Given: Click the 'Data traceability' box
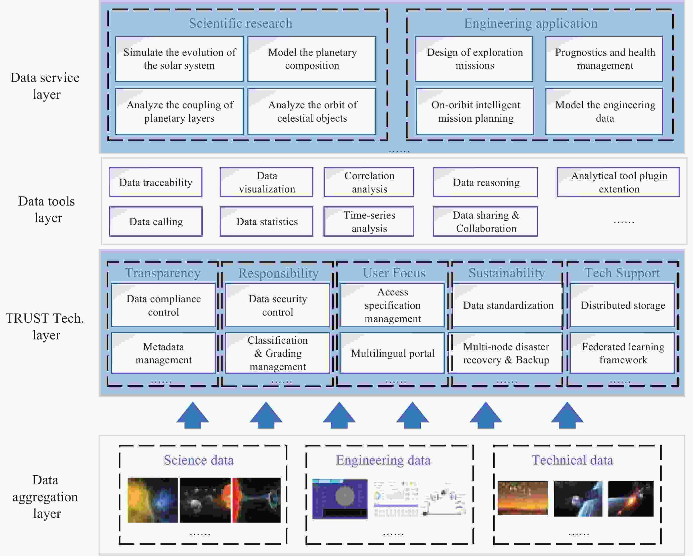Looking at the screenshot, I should point(156,182).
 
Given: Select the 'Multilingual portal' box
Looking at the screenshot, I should point(392,353).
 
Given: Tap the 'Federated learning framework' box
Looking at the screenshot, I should point(623,353).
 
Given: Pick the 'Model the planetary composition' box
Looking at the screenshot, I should point(312,59).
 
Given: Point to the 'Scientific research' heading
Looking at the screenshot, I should point(240,23).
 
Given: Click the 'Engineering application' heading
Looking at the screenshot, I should point(531,23).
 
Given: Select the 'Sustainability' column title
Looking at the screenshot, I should point(507,273).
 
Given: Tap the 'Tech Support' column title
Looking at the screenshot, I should point(622,273).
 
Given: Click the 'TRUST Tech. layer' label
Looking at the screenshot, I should point(45,326).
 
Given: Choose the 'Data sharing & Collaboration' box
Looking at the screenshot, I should point(485,222).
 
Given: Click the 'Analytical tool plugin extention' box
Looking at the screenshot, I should point(618,182).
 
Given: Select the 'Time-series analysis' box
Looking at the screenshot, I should point(369,222).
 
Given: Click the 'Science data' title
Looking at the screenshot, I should point(199,460).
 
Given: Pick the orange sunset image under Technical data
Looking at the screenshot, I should point(523,498).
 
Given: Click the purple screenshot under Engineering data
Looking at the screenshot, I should point(340,499).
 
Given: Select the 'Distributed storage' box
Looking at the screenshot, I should point(623,305).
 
